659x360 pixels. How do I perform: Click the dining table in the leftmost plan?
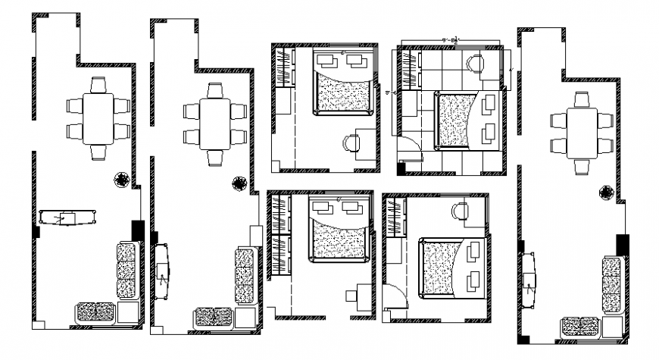coord(98,118)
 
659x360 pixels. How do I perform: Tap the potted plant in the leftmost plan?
coord(120,180)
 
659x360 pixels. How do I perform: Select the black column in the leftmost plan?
coord(137,230)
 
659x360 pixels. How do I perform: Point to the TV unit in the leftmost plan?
coord(68,218)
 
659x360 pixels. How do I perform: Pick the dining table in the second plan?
coord(216,124)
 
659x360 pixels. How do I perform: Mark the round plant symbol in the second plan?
coord(239,183)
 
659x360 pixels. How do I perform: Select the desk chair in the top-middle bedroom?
coord(351,142)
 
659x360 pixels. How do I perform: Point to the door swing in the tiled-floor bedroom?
coord(407,152)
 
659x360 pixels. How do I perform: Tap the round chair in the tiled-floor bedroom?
coord(476,63)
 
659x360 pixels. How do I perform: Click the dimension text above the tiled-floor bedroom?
coord(453,39)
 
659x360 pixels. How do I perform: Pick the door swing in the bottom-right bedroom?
coord(394,295)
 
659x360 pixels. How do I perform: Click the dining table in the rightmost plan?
coord(582,133)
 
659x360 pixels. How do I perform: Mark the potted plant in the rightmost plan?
coord(606,193)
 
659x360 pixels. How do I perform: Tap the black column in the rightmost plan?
coord(622,245)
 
